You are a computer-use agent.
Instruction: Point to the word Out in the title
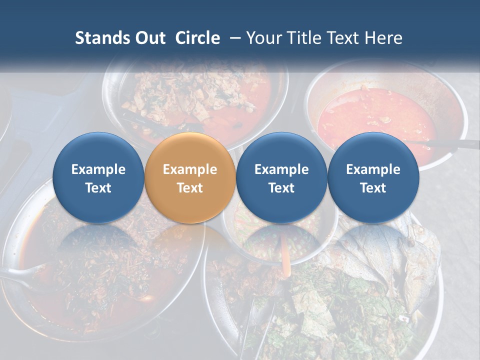(150, 38)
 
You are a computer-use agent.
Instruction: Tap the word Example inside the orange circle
(190, 169)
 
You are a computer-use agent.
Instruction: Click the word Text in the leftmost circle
(98, 188)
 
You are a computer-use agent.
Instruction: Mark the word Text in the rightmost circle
(373, 188)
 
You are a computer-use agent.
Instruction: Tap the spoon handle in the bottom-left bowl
(20, 272)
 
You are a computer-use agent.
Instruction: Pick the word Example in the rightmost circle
(373, 169)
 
